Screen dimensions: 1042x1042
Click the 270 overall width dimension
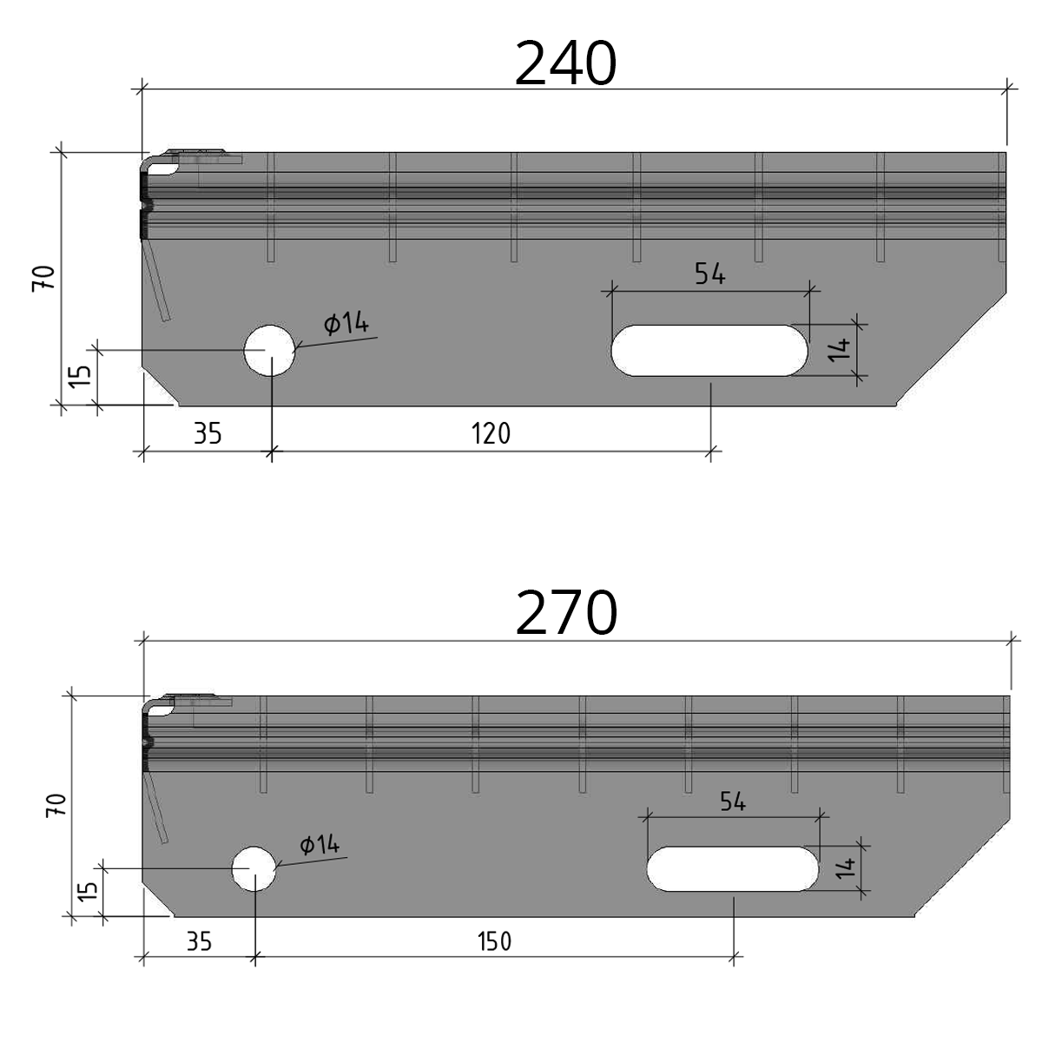(x=566, y=613)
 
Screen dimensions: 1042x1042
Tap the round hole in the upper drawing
(x=269, y=350)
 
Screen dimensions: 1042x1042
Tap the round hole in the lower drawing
(x=254, y=867)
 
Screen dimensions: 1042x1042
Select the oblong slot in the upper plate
(x=709, y=350)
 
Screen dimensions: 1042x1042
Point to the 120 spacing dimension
(x=491, y=432)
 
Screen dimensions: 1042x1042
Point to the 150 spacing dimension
(x=494, y=941)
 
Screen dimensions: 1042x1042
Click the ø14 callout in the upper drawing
(x=346, y=325)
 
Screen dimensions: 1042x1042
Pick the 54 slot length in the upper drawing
(x=709, y=274)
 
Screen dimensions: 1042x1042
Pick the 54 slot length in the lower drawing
(x=733, y=801)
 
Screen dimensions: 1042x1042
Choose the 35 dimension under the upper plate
(x=208, y=432)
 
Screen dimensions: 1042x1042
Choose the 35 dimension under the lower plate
(x=199, y=941)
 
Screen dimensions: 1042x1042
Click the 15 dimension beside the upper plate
(x=79, y=376)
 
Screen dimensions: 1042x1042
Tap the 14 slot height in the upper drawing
(x=838, y=350)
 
